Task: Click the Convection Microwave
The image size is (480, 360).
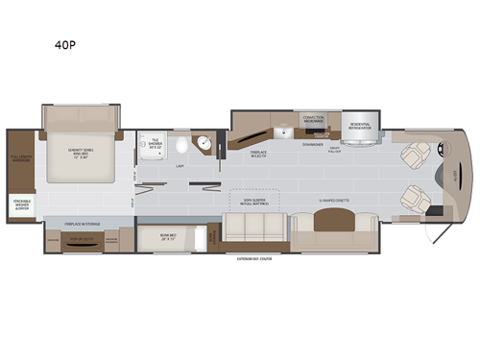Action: click(x=314, y=119)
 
